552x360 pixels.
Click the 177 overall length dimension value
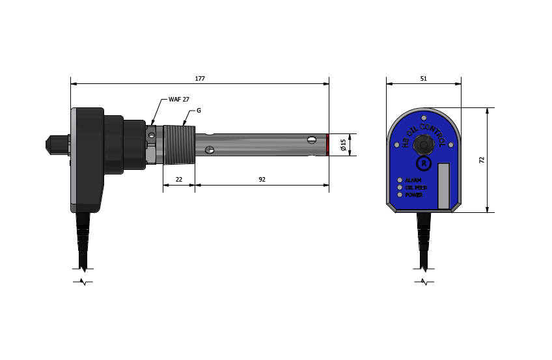tap(200, 79)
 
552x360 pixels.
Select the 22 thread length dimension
tap(179, 180)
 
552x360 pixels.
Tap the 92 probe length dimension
tap(262, 180)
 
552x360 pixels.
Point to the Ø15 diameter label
tap(344, 145)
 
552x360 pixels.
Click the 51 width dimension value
tap(424, 79)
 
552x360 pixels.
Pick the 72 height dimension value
tap(482, 159)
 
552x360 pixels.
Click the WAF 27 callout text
tap(179, 100)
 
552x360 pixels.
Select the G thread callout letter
tap(199, 111)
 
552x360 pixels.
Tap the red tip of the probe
tap(327, 145)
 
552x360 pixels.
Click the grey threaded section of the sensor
tap(179, 145)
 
